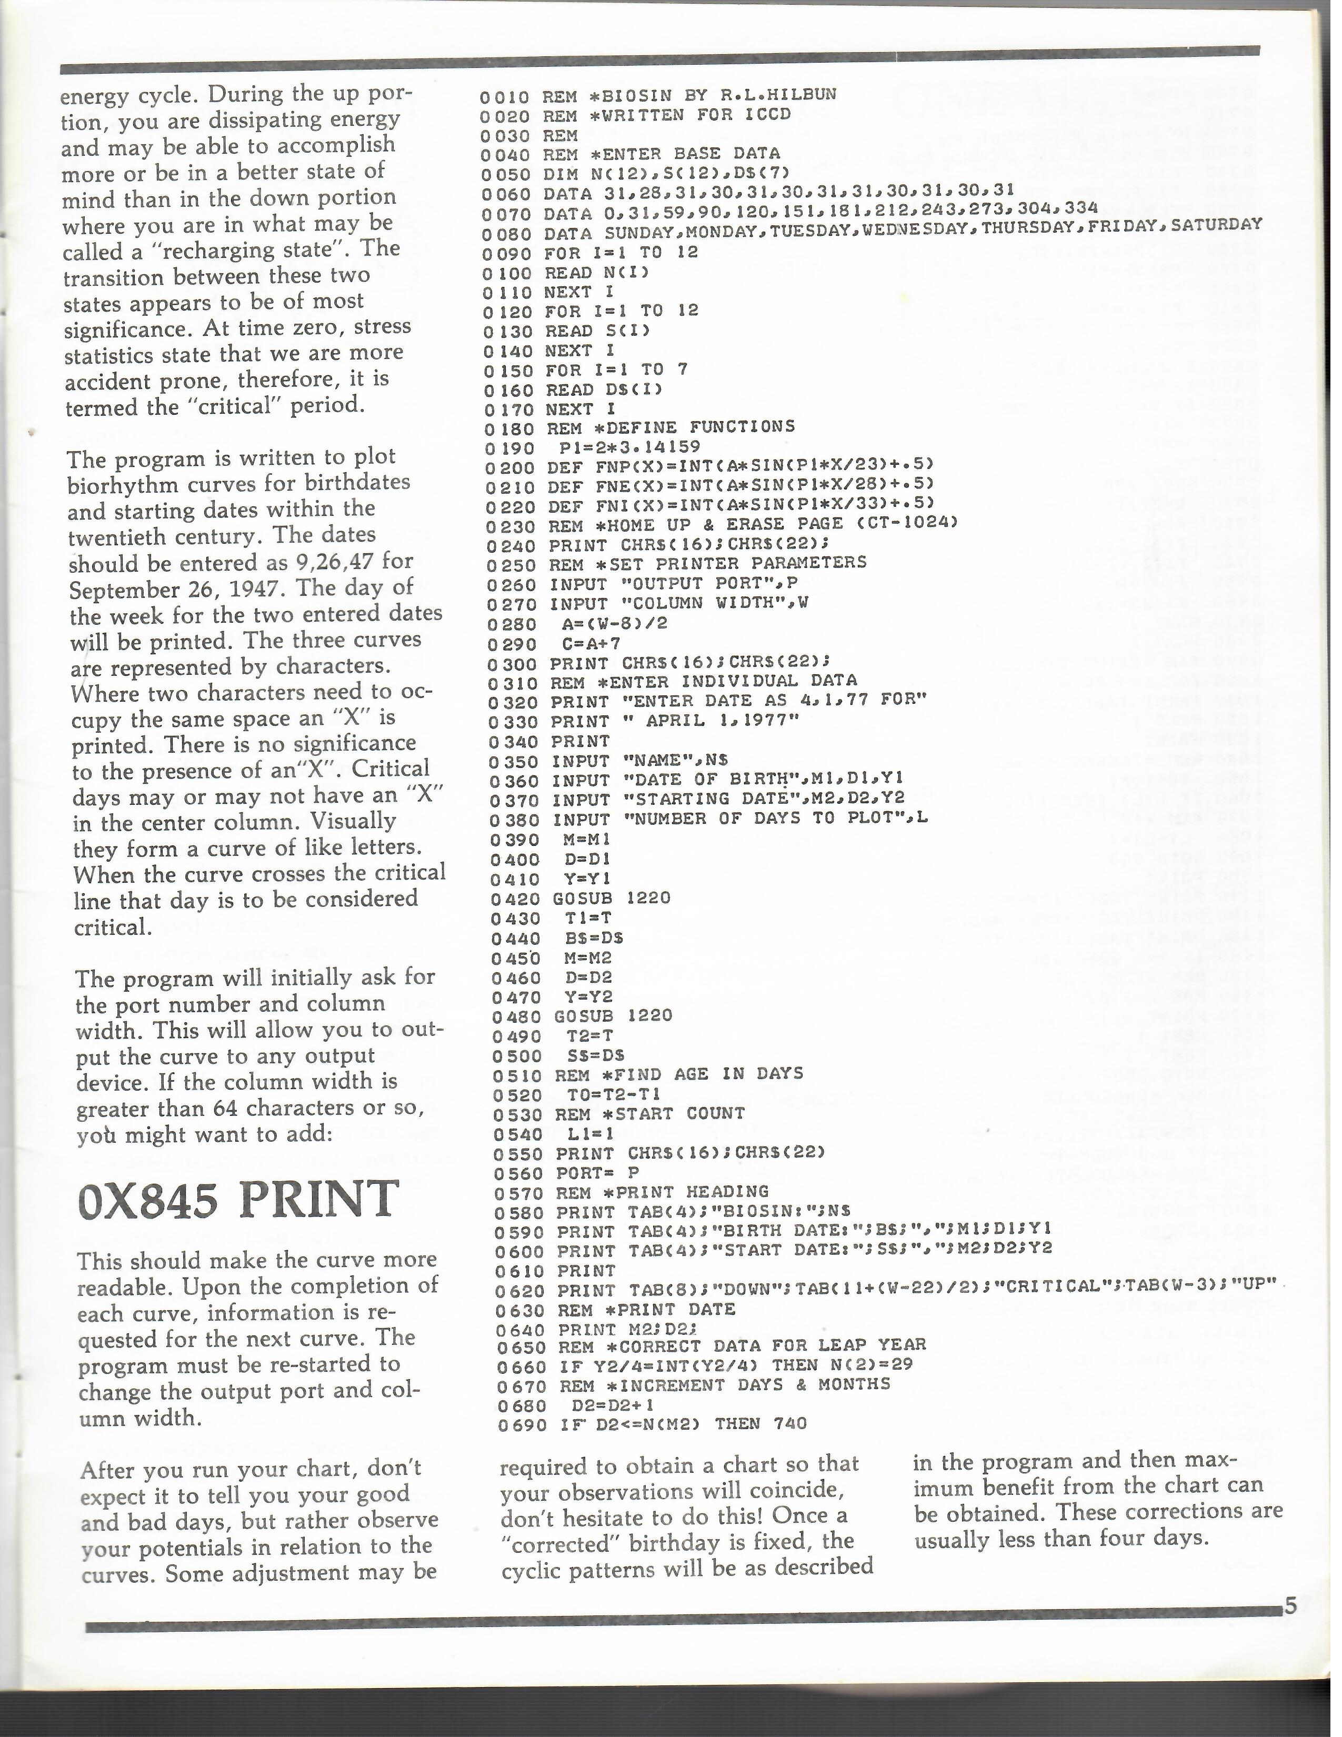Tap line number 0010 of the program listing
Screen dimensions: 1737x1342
click(504, 96)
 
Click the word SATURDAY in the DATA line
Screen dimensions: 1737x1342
click(1216, 224)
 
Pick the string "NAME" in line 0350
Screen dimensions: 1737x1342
click(657, 761)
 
